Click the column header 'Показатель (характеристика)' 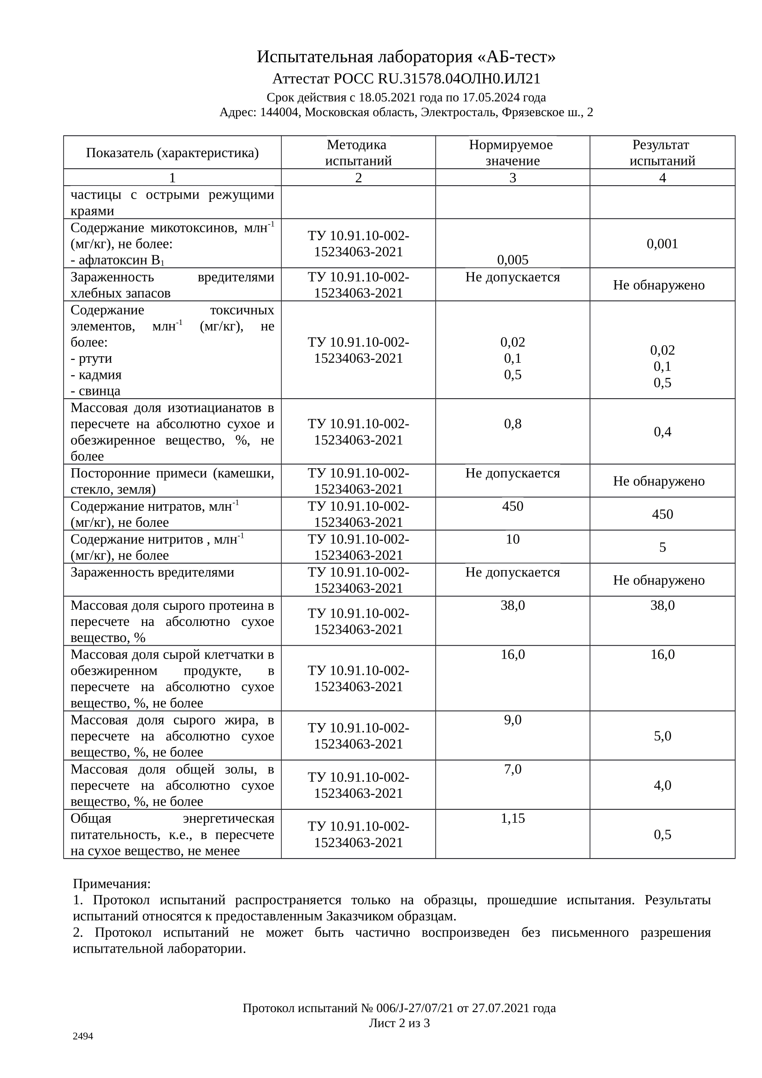172,153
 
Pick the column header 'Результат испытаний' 662,153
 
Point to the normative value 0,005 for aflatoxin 512,259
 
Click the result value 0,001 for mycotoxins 662,244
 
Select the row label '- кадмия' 96,375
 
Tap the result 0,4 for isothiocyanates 662,432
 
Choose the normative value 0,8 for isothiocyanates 512,424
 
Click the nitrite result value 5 662,548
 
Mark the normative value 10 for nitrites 512,539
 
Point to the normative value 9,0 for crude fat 512,720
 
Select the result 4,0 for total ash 662,785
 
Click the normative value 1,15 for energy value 512,819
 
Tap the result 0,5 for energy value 662,834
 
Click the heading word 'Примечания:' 112,884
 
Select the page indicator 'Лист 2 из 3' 399,1023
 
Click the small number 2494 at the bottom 83,1036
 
